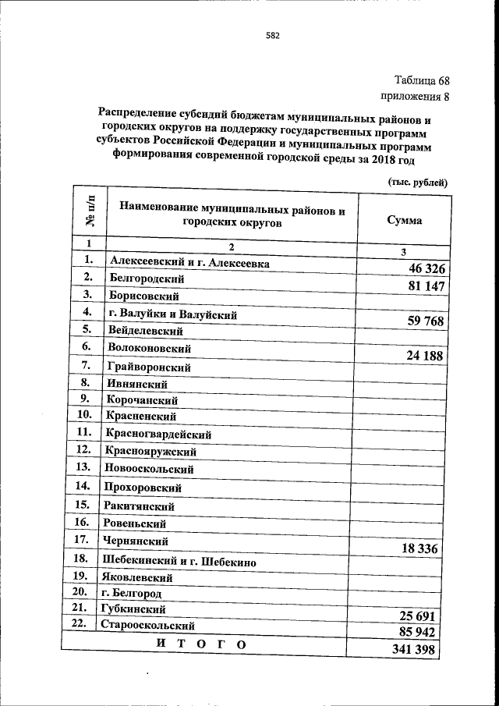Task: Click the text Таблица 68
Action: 421,81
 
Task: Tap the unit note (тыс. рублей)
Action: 417,182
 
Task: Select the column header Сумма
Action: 405,220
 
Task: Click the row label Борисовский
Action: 145,296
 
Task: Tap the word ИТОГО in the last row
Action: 201,644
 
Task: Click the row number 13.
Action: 83,468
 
